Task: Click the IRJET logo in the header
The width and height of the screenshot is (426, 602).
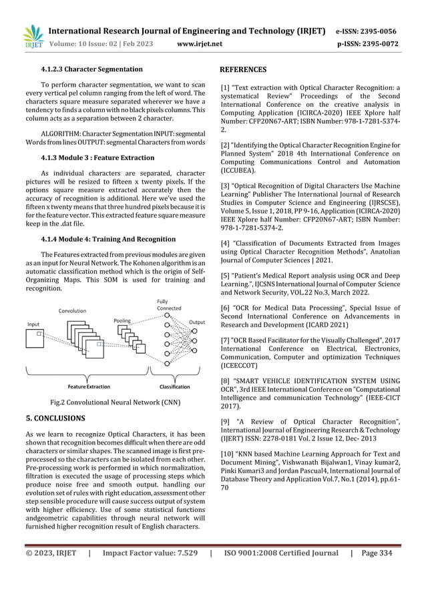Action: tap(32, 37)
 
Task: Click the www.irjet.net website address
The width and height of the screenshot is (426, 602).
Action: tap(200, 44)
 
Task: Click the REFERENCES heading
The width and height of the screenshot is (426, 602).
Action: tap(243, 69)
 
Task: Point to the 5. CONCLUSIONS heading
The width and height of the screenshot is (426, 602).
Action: tap(55, 418)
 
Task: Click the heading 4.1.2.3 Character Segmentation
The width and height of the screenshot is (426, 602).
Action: tap(91, 69)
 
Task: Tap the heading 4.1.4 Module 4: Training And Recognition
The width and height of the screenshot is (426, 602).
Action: tap(108, 238)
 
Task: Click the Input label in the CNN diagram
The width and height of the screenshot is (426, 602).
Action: tap(33, 324)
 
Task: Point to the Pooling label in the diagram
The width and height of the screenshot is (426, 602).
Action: tap(122, 320)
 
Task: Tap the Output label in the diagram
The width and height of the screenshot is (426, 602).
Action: tap(197, 322)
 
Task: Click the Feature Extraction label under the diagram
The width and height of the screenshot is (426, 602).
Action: tap(89, 386)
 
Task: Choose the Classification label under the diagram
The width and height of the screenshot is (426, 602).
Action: tap(174, 386)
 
